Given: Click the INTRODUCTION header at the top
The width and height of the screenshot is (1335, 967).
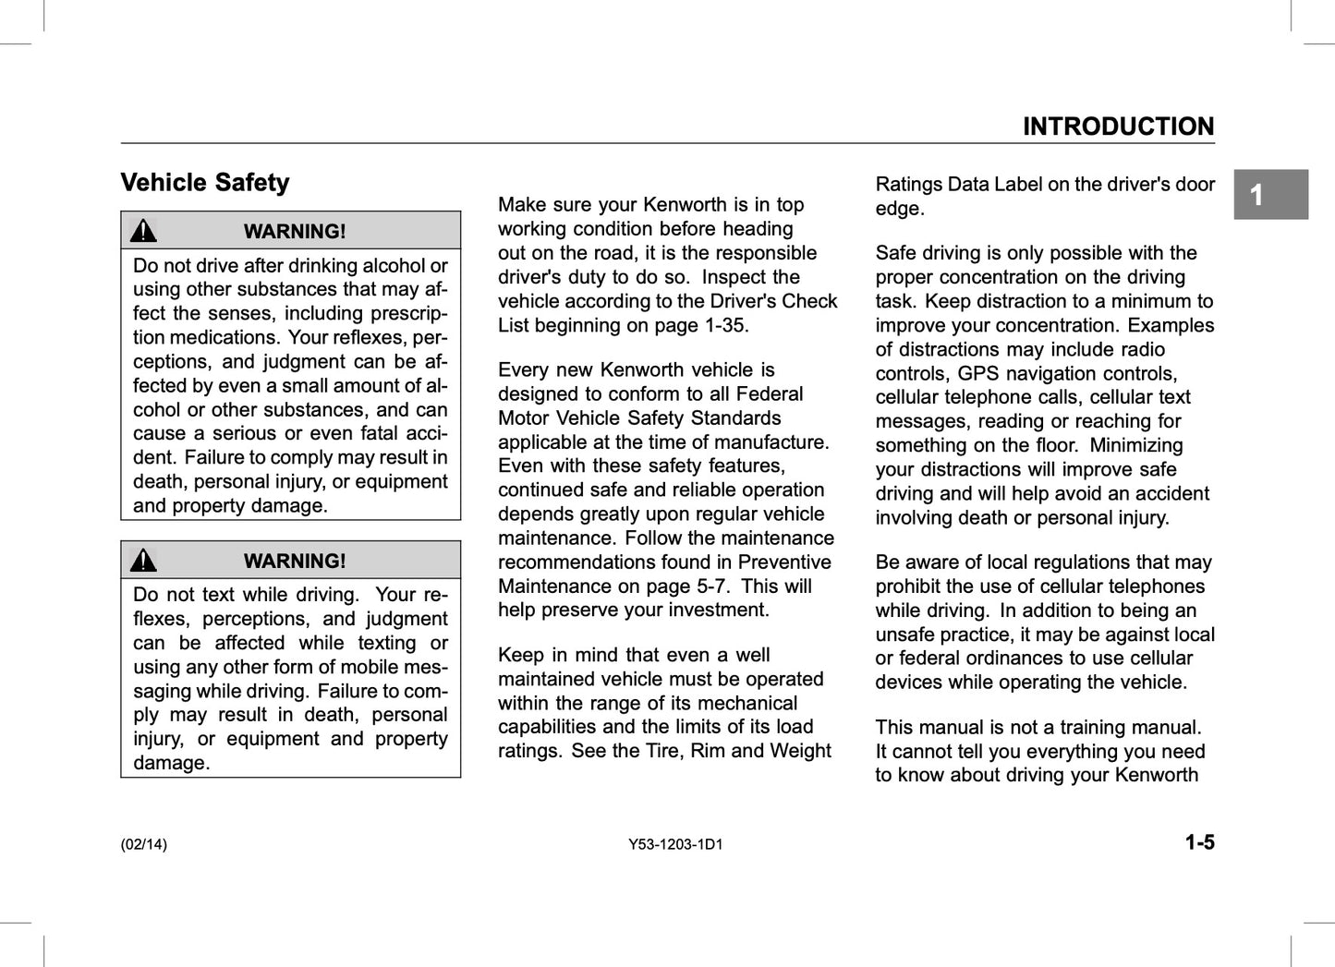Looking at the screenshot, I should [1118, 127].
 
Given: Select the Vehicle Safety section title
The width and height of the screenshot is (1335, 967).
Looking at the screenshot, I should [205, 183].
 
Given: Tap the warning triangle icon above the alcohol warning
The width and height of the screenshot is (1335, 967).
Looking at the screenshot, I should [143, 231].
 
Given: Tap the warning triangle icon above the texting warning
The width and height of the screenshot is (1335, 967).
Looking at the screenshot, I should [143, 561].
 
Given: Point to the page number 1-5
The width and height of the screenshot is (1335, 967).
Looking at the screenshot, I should [1200, 842].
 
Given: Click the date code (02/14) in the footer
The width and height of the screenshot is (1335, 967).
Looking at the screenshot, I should [144, 844].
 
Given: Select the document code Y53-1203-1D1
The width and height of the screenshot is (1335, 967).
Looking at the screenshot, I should [675, 844].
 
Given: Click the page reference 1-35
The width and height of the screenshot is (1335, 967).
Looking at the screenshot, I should [725, 325].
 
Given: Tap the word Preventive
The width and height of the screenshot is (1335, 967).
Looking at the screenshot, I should [784, 562].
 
